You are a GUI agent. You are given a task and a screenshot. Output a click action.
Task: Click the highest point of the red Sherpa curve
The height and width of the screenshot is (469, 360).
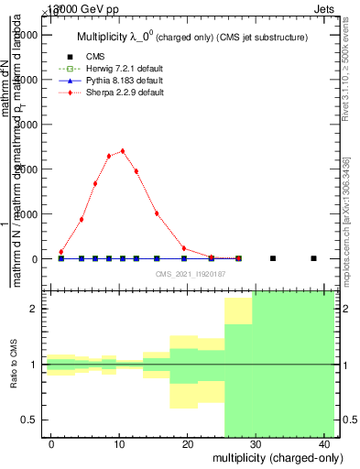coord(122,151)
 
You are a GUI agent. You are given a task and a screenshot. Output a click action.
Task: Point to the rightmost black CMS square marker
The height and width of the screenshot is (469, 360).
coord(313,258)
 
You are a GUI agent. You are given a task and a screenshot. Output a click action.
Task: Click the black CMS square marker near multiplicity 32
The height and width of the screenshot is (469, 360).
coord(273,258)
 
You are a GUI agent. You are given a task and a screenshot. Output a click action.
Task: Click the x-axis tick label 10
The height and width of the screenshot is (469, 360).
coord(119,444)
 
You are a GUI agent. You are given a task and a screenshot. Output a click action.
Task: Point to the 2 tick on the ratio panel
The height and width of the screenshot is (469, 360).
coord(34,309)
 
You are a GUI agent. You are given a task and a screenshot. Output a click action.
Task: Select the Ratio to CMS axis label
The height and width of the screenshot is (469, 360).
coord(15,364)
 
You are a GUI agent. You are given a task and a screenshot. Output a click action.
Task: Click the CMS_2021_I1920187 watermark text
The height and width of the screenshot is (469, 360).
coord(190,274)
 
